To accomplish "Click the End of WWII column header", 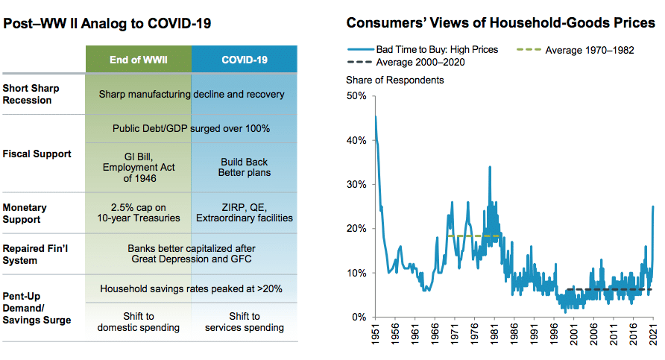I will [139, 58].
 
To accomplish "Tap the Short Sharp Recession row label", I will [31, 94].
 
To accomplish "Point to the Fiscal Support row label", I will [37, 154].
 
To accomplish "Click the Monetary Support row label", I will [25, 212].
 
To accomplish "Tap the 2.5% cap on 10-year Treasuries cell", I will [139, 212].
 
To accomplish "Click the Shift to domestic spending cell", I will [139, 322].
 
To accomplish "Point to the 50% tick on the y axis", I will [357, 96].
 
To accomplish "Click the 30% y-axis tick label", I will [357, 185].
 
